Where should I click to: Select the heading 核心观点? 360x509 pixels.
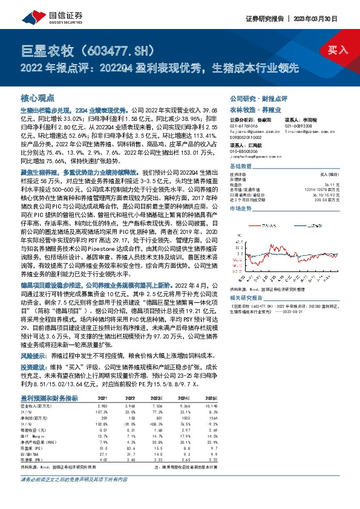click(38, 98)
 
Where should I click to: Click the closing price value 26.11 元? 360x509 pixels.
click(332, 184)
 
